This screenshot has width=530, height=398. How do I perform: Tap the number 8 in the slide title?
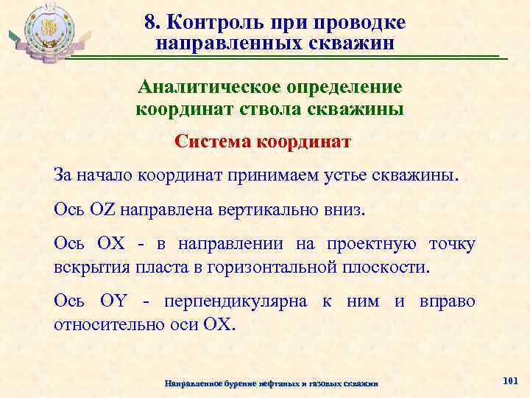click(x=149, y=23)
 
